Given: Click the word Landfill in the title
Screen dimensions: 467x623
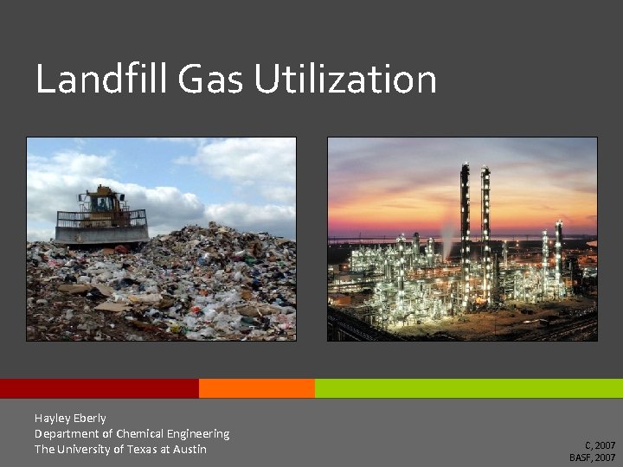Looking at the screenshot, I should click(x=101, y=80).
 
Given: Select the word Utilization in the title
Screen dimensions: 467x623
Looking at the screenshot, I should click(x=345, y=80).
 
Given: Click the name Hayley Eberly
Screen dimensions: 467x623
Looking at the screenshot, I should click(x=70, y=418).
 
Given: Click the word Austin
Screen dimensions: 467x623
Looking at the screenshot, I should click(x=189, y=449).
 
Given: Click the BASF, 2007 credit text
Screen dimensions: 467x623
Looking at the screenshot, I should click(x=593, y=457).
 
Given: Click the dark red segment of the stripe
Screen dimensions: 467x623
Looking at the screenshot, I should click(x=99, y=388).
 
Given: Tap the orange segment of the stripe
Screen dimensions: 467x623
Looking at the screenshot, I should click(x=256, y=388).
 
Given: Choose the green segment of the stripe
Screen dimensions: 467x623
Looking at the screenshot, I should click(x=468, y=388).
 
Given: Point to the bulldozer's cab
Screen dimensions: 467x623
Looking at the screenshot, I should click(x=103, y=200).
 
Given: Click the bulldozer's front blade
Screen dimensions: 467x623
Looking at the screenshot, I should click(x=102, y=233).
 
